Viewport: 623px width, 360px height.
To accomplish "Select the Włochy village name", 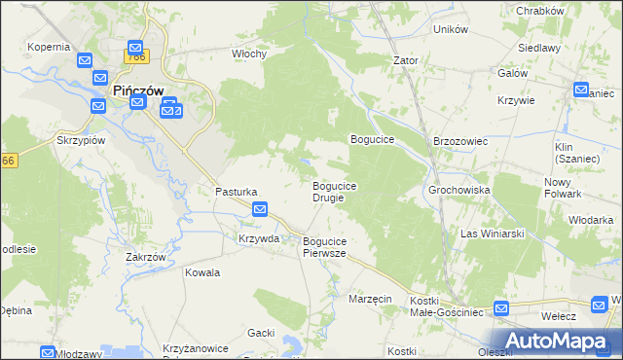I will (249, 54).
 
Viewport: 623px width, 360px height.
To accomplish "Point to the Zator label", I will (405, 60).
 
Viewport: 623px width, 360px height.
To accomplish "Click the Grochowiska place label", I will (458, 190).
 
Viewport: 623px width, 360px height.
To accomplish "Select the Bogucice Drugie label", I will (334, 192).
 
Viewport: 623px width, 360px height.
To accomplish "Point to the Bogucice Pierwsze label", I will (325, 246).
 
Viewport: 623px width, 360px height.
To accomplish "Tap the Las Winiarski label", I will (493, 234).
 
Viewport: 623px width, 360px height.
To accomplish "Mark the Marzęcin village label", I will (370, 299).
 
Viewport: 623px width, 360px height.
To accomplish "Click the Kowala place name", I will (202, 272).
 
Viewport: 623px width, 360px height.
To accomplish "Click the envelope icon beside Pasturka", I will (260, 209).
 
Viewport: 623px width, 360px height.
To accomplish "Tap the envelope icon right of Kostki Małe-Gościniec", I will (501, 309).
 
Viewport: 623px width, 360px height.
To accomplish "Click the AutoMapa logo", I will (559, 341).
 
